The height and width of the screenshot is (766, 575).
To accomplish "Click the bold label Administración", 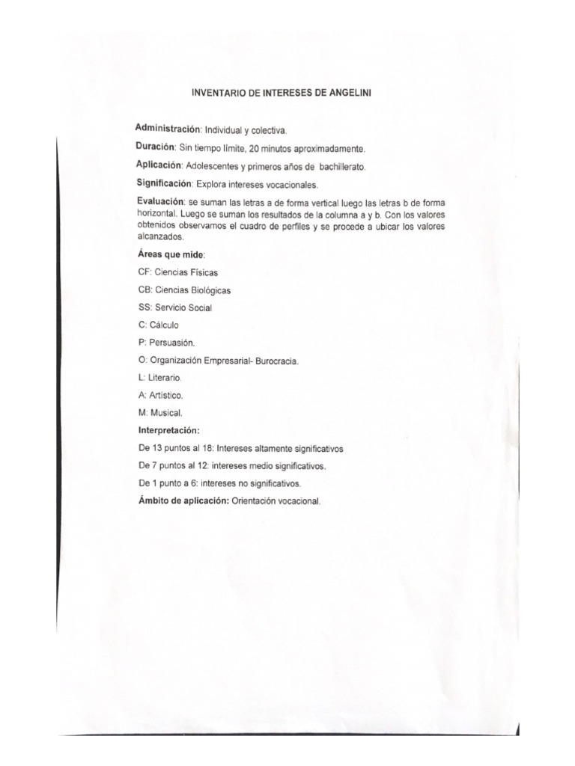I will click(x=168, y=128).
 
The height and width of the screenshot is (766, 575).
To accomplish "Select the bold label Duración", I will click(x=155, y=146).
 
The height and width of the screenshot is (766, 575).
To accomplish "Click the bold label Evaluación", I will click(x=160, y=201).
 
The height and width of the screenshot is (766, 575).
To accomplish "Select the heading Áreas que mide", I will click(x=166, y=254).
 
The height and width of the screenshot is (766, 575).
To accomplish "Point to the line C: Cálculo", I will click(x=159, y=325).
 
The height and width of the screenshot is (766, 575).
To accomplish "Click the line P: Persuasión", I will click(x=166, y=343).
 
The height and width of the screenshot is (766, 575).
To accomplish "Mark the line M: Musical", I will click(x=160, y=412).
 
